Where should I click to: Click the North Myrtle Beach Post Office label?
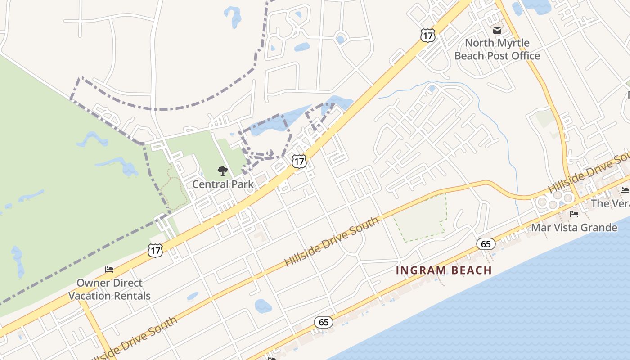pyautogui.click(x=497, y=49)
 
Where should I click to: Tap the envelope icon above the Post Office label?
pyautogui.click(x=497, y=31)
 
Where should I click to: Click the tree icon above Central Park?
pyautogui.click(x=222, y=171)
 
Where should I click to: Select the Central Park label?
pyautogui.click(x=223, y=184)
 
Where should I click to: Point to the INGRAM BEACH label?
pyautogui.click(x=444, y=270)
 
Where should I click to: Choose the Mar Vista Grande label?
pyautogui.click(x=574, y=228)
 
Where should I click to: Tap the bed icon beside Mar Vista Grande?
pyautogui.click(x=574, y=214)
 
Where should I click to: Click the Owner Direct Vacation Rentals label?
pyautogui.click(x=109, y=289)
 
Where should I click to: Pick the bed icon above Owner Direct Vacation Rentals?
pyautogui.click(x=109, y=270)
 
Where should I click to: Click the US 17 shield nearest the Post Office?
pyautogui.click(x=428, y=35)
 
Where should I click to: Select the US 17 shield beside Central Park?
pyautogui.click(x=299, y=162)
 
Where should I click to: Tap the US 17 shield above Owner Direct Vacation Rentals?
pyautogui.click(x=155, y=251)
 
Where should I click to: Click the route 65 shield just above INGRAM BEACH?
pyautogui.click(x=486, y=244)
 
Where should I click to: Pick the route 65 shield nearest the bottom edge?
pyautogui.click(x=324, y=322)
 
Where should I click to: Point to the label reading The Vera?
pyautogui.click(x=610, y=203)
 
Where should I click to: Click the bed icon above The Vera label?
pyautogui.click(x=624, y=190)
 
